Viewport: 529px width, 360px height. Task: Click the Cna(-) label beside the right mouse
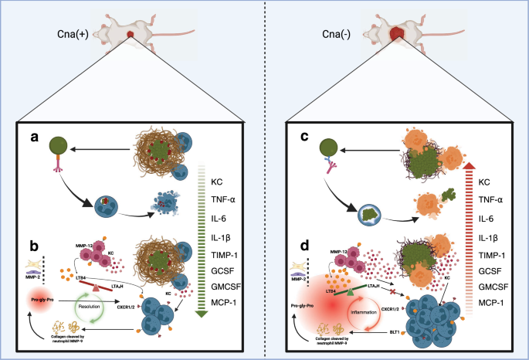337,34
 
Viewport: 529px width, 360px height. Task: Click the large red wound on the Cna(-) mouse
396,35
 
